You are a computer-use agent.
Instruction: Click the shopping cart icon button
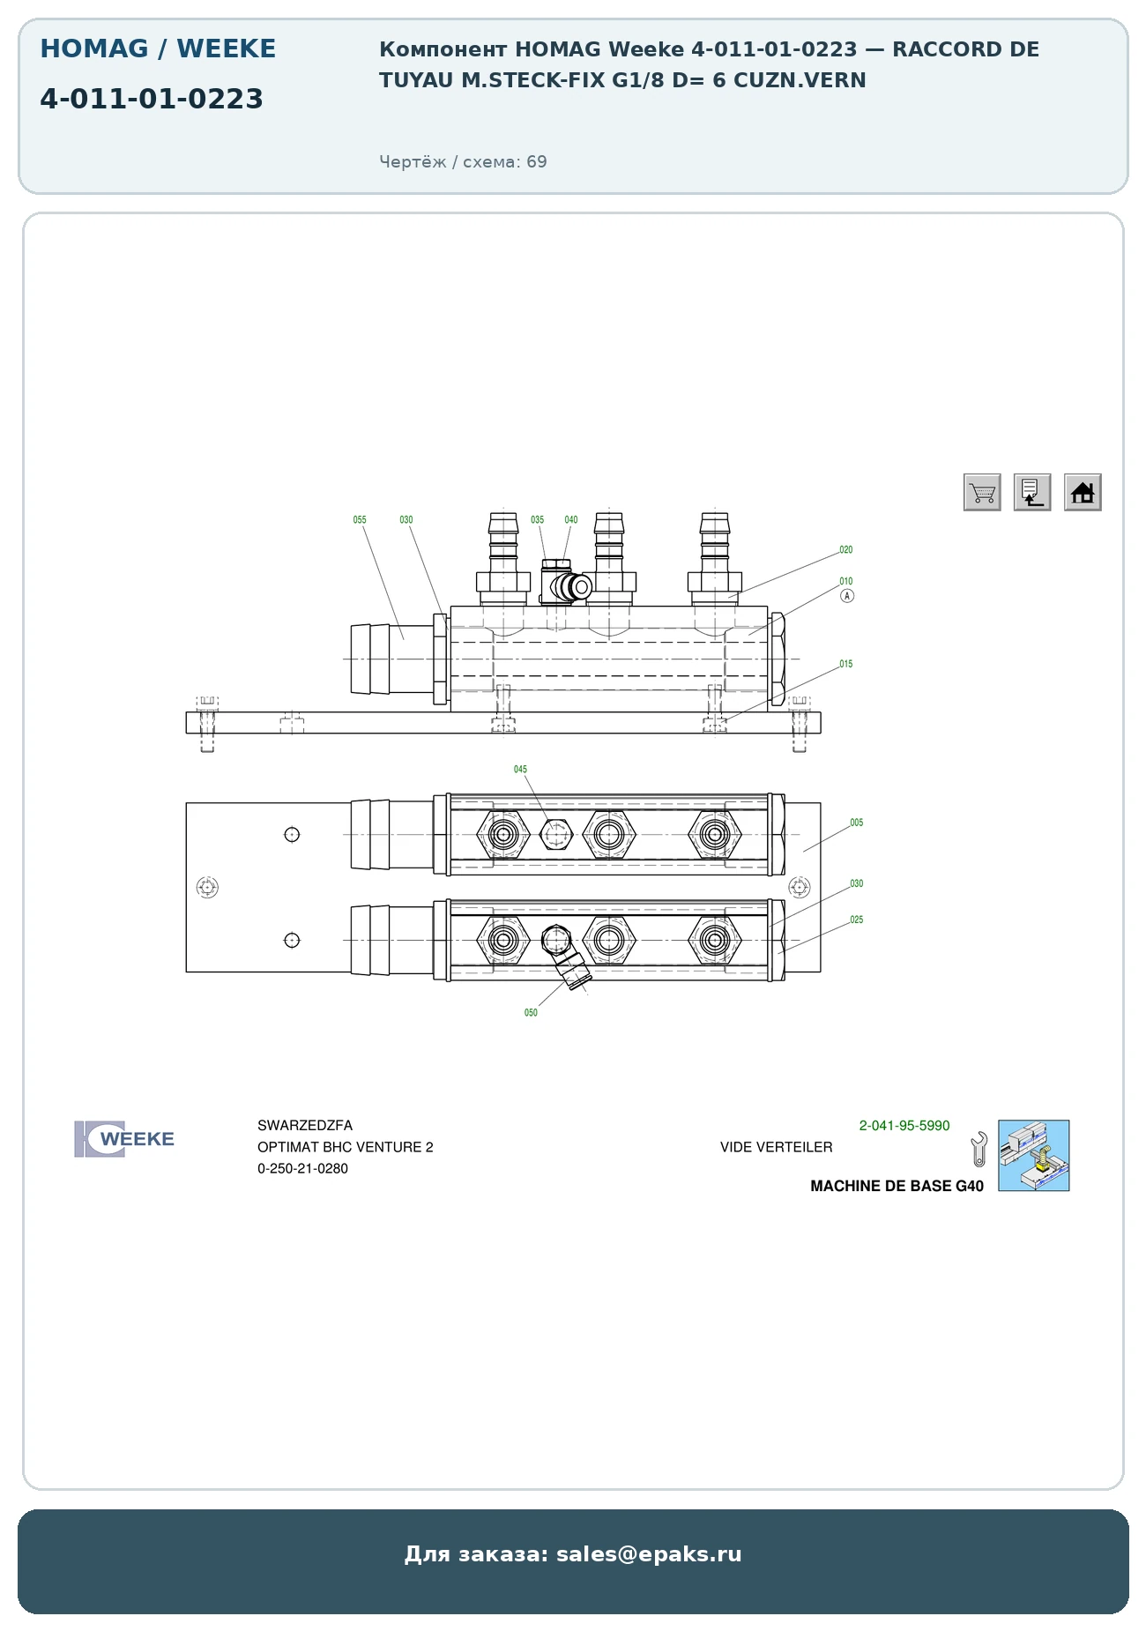coord(982,492)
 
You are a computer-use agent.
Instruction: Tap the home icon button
coord(1083,492)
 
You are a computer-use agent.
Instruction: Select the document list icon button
coord(1032,492)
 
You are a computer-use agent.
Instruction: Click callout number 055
coord(360,520)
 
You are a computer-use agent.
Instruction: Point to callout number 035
coord(538,520)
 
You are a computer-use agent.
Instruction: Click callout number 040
coord(571,520)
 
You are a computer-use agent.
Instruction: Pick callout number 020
coord(846,550)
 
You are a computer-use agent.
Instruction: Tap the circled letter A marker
coord(847,596)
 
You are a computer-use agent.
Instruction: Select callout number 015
coord(846,665)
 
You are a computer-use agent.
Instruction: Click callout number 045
coord(521,770)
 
